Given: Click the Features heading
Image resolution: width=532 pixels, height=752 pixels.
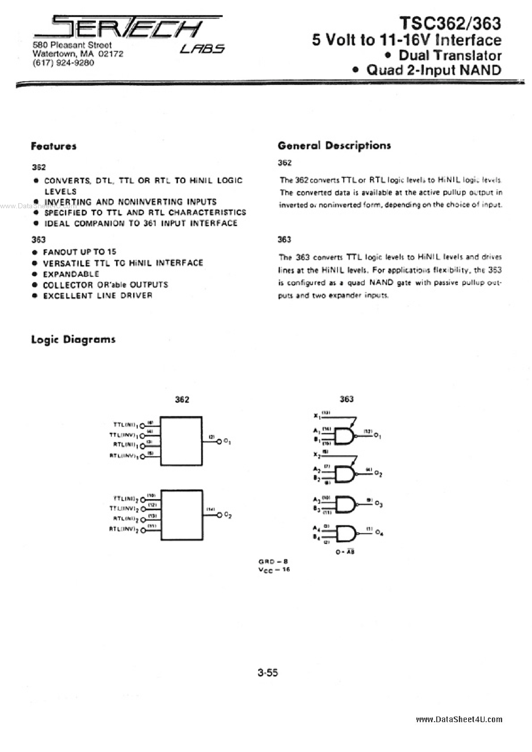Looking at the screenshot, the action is [54, 146].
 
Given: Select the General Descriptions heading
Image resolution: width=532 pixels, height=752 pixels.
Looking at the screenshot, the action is [334, 145].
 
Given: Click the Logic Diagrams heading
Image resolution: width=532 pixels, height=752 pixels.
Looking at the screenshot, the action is [73, 339].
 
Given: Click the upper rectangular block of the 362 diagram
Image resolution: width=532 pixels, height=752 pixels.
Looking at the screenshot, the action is [181, 441].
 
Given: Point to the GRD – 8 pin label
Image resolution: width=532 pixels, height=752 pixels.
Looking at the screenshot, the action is [273, 561].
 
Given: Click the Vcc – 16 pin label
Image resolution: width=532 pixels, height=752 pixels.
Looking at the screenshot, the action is [274, 570].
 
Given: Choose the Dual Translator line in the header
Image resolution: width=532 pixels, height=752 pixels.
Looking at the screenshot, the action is [450, 55].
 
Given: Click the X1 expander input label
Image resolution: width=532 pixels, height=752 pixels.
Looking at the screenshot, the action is [316, 416].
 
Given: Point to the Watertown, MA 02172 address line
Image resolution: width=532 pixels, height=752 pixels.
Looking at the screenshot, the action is [78, 54].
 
